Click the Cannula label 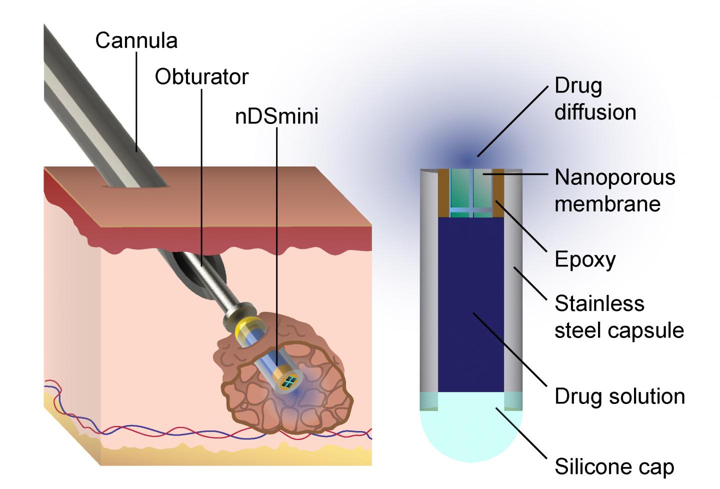(x=136, y=40)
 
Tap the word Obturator (x=201, y=77)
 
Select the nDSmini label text (x=276, y=116)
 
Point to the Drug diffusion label (x=595, y=99)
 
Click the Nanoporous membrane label (x=614, y=190)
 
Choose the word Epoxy (x=585, y=259)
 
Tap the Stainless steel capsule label (x=619, y=317)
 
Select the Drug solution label (x=619, y=396)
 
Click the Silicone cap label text (x=614, y=467)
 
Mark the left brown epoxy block (x=444, y=192)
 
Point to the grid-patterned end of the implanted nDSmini (x=288, y=382)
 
